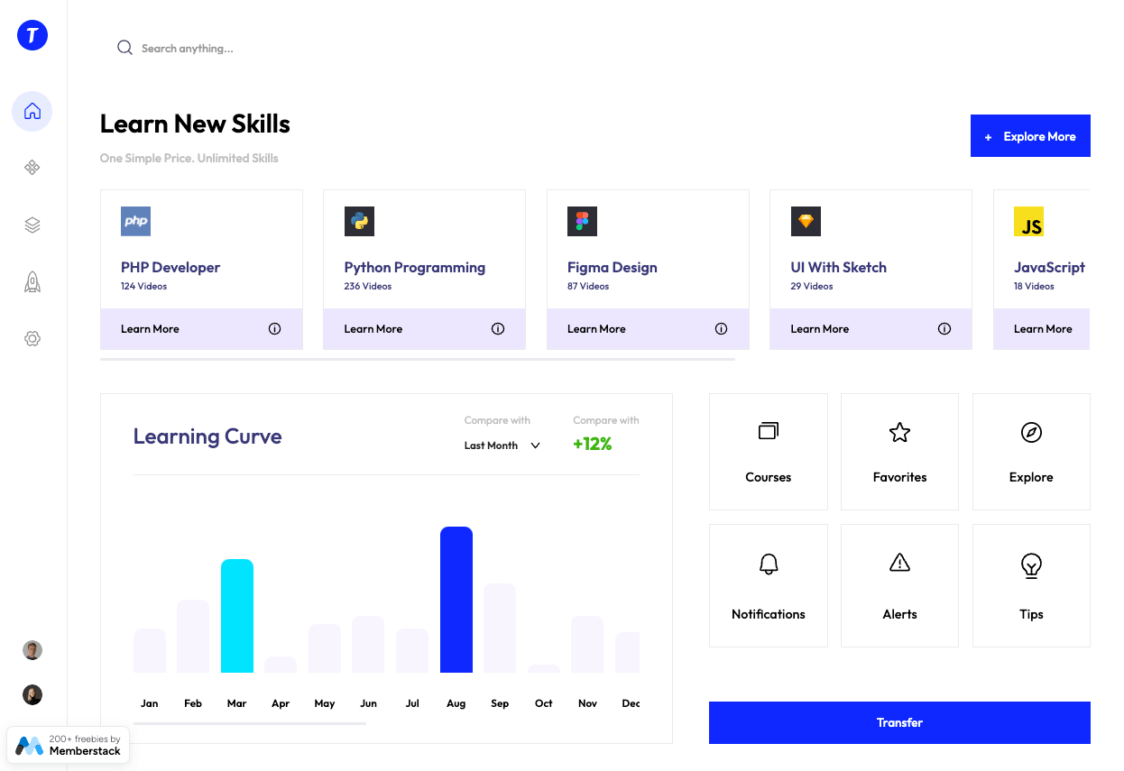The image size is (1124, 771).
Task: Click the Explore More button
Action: pyautogui.click(x=1030, y=136)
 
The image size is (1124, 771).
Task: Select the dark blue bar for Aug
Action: pyautogui.click(x=456, y=600)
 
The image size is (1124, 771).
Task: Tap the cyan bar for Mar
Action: pyautogui.click(x=237, y=616)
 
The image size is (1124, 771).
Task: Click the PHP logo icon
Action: pyautogui.click(x=135, y=221)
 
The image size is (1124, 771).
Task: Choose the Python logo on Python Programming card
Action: pyautogui.click(x=359, y=221)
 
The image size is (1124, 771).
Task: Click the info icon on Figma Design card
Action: pyautogui.click(x=721, y=329)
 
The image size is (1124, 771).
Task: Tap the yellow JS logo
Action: pyautogui.click(x=1028, y=221)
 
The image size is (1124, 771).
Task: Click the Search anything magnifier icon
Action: pyautogui.click(x=124, y=48)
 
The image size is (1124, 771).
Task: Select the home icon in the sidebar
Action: pyautogui.click(x=32, y=111)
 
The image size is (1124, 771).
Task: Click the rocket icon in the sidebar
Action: pyautogui.click(x=32, y=282)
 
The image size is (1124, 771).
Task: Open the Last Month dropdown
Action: pyautogui.click(x=502, y=445)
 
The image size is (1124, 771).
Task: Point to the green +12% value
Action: pyautogui.click(x=593, y=444)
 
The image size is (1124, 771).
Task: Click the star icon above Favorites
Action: pyautogui.click(x=899, y=432)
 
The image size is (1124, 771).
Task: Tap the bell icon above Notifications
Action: pyautogui.click(x=769, y=564)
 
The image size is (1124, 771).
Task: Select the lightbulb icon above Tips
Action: pyautogui.click(x=1031, y=565)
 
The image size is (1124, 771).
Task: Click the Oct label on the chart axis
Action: pyautogui.click(x=543, y=703)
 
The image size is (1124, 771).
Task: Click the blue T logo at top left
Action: pyautogui.click(x=32, y=35)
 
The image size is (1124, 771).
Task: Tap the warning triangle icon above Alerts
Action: pyautogui.click(x=899, y=564)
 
